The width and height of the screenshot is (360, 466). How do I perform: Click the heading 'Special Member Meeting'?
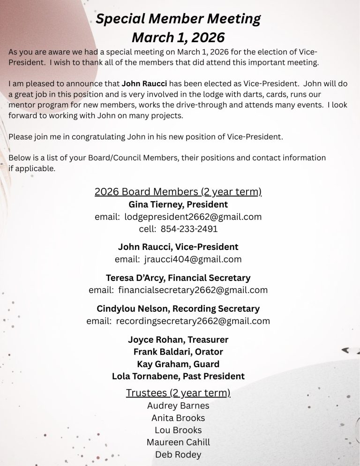(x=178, y=19)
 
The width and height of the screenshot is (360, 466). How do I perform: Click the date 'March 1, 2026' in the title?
(x=178, y=37)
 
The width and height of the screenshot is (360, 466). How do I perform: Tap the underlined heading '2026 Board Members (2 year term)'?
(x=178, y=192)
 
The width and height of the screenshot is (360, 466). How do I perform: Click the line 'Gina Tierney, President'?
(x=178, y=204)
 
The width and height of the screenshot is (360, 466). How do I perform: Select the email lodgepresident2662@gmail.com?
(x=193, y=217)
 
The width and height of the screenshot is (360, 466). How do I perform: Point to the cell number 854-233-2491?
(x=189, y=229)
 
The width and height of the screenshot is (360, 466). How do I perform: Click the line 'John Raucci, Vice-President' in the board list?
(x=178, y=247)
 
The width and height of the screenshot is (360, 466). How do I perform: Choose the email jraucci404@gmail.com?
(x=193, y=259)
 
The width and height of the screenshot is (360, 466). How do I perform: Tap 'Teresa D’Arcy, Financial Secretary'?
(x=178, y=278)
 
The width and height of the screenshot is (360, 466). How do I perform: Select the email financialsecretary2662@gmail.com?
(x=193, y=290)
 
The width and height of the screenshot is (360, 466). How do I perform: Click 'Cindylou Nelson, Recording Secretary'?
(x=178, y=309)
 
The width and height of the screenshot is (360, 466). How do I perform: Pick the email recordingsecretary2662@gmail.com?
(x=193, y=321)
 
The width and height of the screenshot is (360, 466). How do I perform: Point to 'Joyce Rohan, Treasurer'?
(x=178, y=339)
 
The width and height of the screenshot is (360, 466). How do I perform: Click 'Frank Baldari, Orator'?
(x=178, y=352)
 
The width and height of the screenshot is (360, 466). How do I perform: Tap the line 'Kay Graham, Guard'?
(x=178, y=364)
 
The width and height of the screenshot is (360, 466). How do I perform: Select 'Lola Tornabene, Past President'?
(x=178, y=376)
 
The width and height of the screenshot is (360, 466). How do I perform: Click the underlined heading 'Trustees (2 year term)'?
(x=178, y=393)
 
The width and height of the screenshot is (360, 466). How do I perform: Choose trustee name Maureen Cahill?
(x=178, y=442)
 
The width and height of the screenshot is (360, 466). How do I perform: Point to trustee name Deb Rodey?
(x=178, y=454)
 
